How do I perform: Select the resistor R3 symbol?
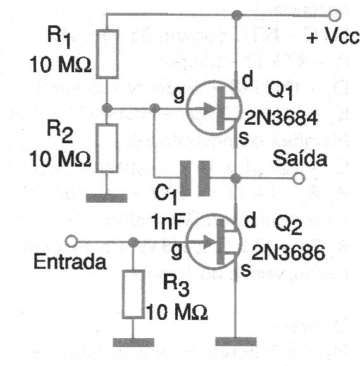click(133, 293)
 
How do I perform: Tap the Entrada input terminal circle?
click(73, 241)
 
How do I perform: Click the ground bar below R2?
click(108, 198)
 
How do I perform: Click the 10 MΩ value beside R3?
click(177, 312)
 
